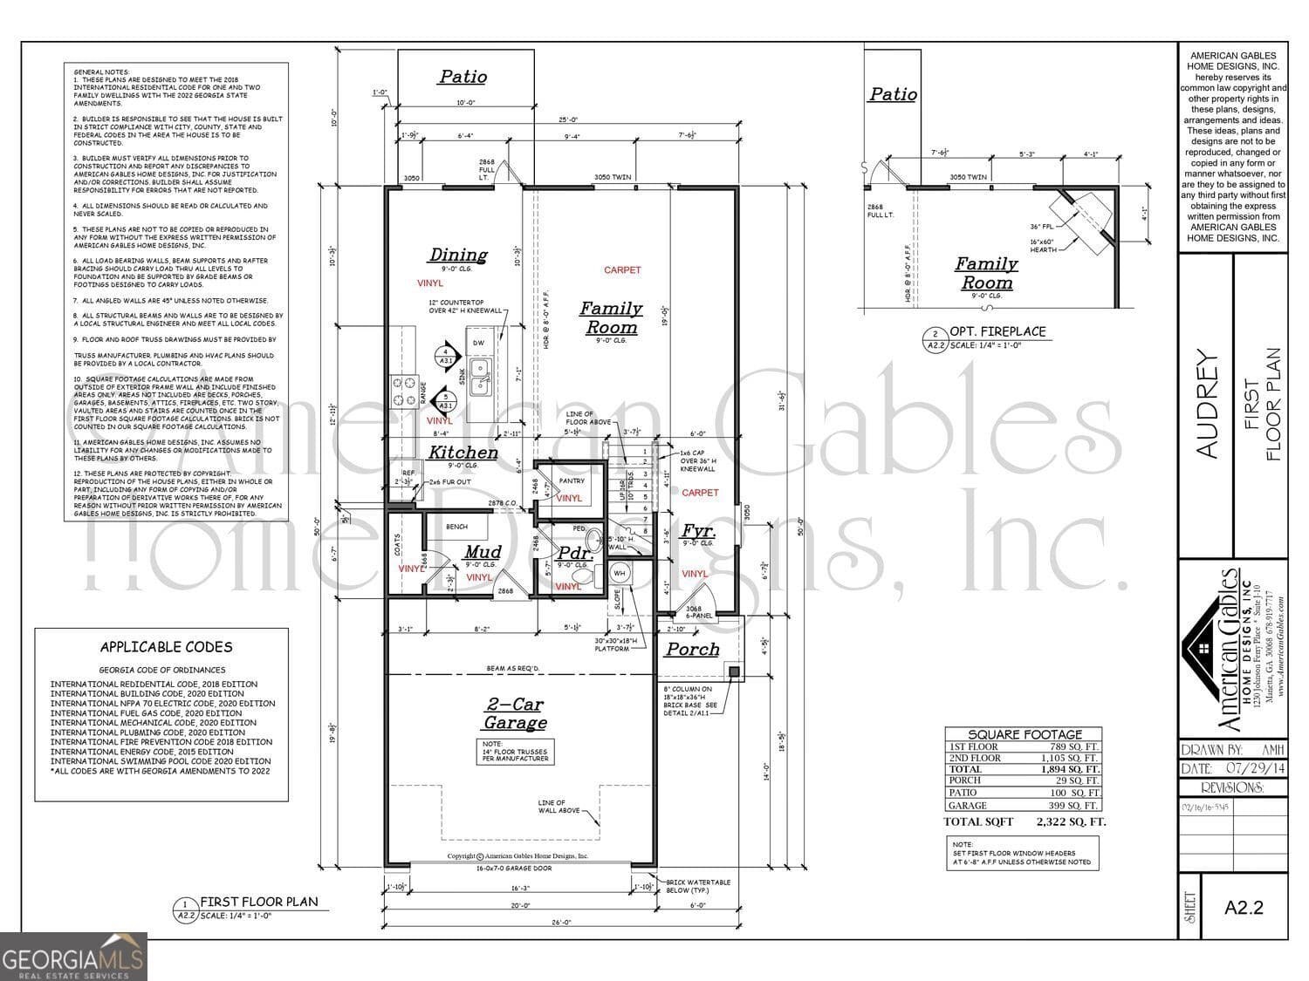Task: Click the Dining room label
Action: tap(458, 255)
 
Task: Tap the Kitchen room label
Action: tap(463, 452)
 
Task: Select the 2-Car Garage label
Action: tap(516, 713)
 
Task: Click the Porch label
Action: tap(693, 650)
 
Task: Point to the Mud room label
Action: tap(483, 552)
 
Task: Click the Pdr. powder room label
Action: tap(576, 554)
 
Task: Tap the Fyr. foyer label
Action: tap(698, 531)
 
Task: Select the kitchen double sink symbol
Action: tap(479, 378)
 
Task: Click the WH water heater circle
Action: tap(620, 573)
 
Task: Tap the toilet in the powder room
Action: tap(580, 576)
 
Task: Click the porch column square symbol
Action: tap(735, 671)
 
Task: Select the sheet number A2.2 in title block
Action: tap(1244, 907)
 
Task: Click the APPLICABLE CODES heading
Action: tap(166, 647)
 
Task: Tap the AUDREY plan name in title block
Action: tap(1206, 403)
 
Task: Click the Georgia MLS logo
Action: tap(72, 957)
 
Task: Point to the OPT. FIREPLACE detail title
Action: tap(997, 331)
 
